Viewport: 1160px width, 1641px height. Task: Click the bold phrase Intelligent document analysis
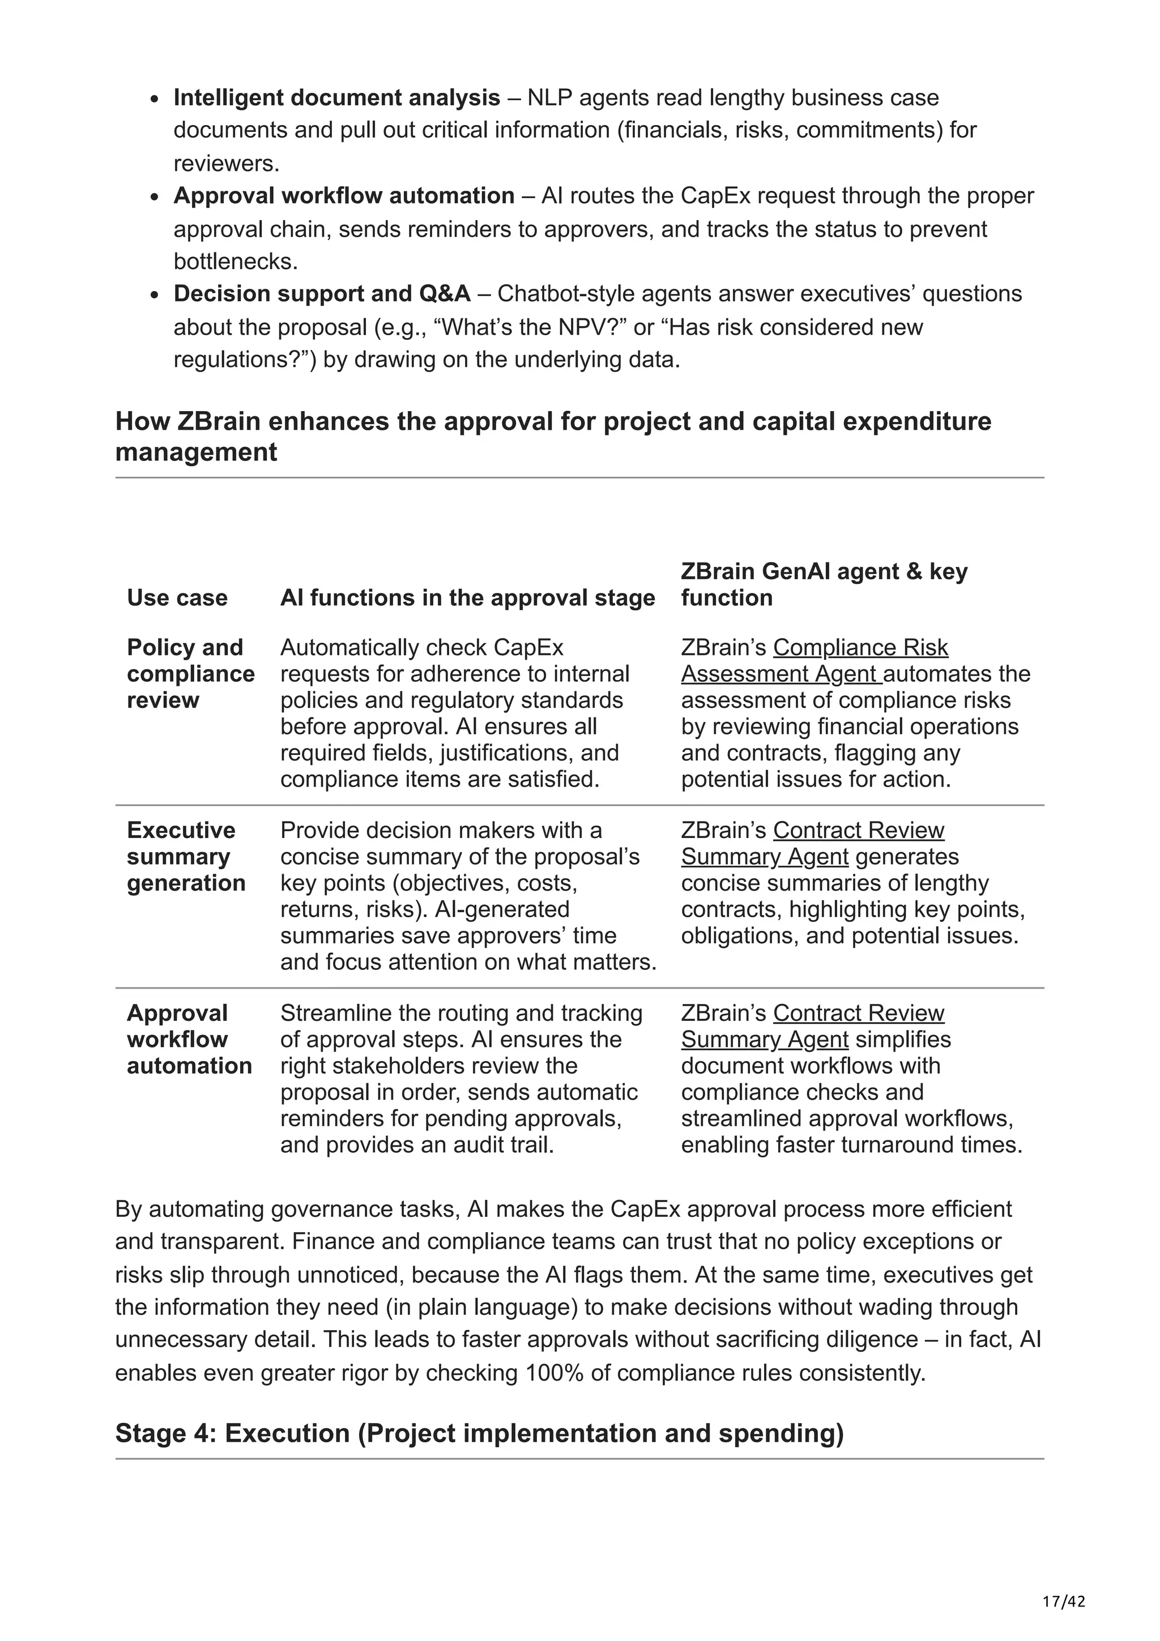(336, 97)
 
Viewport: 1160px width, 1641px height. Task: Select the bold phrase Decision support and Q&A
(322, 293)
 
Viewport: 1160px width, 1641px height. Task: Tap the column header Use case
(177, 597)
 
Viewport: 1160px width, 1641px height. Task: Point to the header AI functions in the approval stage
(467, 597)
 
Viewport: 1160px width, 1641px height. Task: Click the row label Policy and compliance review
(190, 673)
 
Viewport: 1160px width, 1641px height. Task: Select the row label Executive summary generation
(186, 856)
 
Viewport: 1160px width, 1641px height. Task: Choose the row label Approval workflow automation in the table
(189, 1039)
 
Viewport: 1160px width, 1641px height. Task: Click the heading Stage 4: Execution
(479, 1433)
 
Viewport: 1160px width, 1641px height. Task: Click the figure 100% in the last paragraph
(554, 1373)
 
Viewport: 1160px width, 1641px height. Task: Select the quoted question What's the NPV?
(530, 327)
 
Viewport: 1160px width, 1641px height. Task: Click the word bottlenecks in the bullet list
(234, 262)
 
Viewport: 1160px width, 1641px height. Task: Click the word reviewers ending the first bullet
(224, 164)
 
